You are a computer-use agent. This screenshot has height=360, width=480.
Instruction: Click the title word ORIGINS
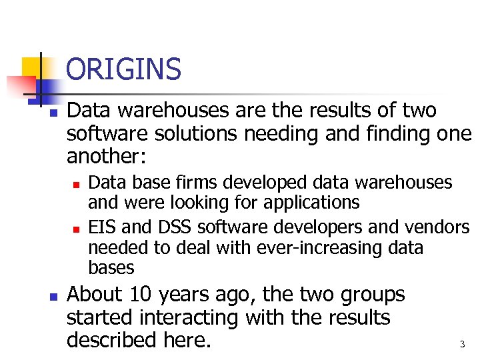click(x=124, y=69)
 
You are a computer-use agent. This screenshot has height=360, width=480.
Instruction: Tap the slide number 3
click(x=462, y=345)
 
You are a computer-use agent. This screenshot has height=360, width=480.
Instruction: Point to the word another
click(x=107, y=157)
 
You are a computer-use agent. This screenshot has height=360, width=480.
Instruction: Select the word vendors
click(x=437, y=227)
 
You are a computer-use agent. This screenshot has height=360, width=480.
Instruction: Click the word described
click(x=111, y=340)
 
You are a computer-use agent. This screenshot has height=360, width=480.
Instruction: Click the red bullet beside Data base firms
click(x=77, y=182)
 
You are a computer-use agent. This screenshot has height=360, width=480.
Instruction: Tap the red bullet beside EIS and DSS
click(x=77, y=228)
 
